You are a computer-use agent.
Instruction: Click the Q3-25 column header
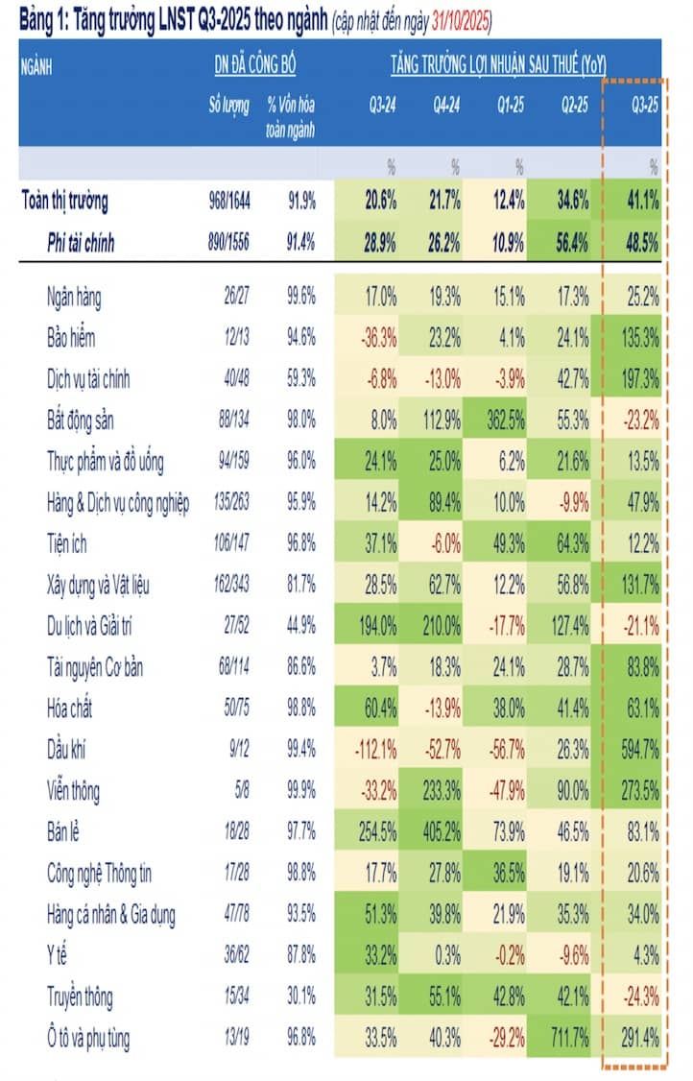tap(645, 105)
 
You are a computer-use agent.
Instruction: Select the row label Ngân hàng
tap(74, 298)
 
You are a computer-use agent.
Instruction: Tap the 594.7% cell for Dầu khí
tap(640, 750)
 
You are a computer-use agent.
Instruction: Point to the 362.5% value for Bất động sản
tap(506, 420)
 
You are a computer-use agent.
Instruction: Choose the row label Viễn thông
tap(73, 791)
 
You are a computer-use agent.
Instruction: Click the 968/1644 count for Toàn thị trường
tap(229, 201)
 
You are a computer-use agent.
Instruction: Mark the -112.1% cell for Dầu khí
tap(376, 750)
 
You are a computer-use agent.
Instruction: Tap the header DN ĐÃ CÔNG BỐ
tap(255, 65)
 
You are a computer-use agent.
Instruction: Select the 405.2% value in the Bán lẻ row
tap(442, 832)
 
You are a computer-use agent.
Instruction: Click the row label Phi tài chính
tap(81, 243)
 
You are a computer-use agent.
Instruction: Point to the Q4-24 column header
tap(446, 105)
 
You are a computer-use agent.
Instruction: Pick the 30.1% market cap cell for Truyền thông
tap(301, 997)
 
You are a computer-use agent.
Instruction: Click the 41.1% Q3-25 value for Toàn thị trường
tap(643, 201)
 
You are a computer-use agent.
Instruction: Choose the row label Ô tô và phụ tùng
tap(88, 1038)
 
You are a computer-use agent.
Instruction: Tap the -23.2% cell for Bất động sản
tap(640, 420)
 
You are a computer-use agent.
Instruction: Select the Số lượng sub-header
tap(229, 105)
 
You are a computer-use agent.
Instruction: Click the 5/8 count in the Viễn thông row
tap(242, 791)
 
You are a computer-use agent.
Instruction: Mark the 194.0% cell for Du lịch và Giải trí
tap(377, 626)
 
